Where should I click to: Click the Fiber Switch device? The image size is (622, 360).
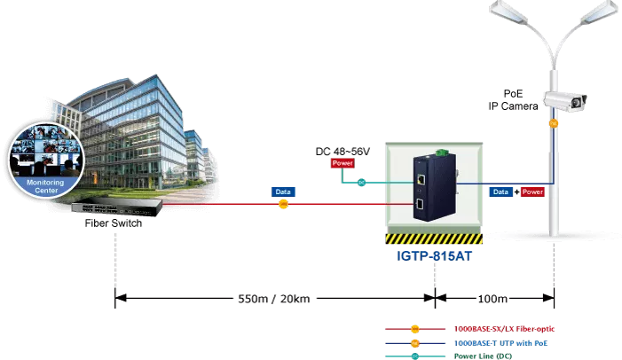[x=117, y=207]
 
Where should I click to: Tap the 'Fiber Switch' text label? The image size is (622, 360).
[x=114, y=223]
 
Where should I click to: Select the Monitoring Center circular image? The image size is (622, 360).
[x=46, y=160]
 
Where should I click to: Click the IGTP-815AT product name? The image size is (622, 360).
[x=435, y=256]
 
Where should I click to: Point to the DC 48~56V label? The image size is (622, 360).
[x=342, y=152]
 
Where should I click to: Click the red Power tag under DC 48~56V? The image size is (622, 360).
[x=342, y=163]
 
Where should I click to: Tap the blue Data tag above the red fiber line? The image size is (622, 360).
[x=283, y=192]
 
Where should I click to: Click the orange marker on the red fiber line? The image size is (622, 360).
[x=283, y=204]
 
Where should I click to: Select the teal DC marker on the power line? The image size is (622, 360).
[x=361, y=183]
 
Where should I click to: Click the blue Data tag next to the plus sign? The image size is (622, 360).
[x=500, y=192]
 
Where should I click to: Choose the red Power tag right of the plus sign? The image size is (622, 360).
[x=532, y=192]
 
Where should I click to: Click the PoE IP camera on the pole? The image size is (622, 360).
[x=565, y=101]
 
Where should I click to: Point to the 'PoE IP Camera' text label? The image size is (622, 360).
[x=514, y=100]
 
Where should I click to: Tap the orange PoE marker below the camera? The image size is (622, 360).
[x=554, y=123]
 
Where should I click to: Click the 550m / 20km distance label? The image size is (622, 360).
[x=273, y=299]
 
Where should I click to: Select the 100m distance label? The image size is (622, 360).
[x=492, y=299]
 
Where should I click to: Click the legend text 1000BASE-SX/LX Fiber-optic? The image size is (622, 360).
[x=504, y=329]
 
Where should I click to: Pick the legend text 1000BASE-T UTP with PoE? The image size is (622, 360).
[x=500, y=343]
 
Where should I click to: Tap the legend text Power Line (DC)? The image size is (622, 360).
[x=483, y=356]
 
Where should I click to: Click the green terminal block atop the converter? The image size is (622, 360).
[x=441, y=153]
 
